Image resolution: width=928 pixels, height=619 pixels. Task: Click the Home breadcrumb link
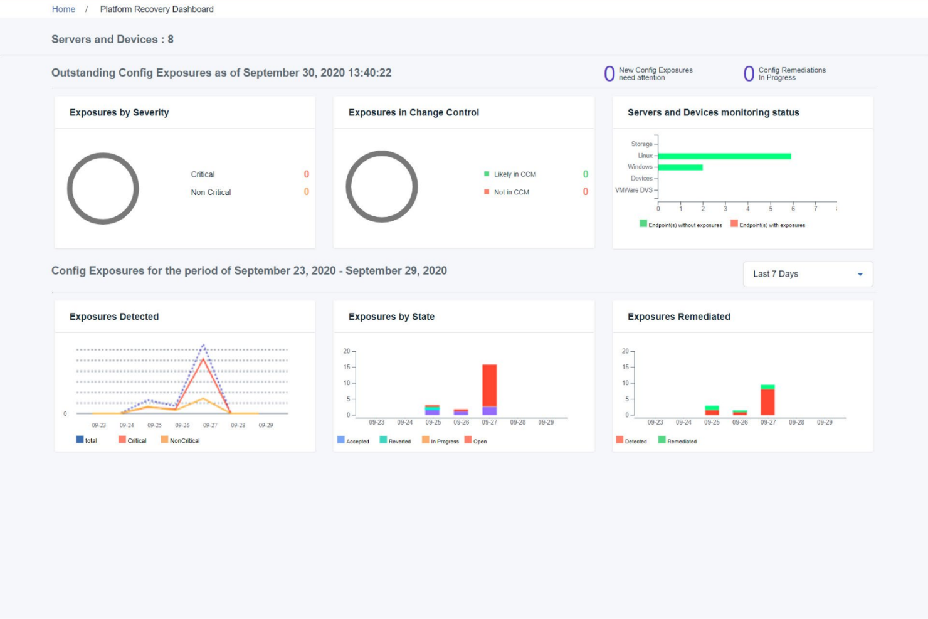63,9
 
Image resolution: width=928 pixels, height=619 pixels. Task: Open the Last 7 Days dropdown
807,274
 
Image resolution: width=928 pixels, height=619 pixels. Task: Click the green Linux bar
724,156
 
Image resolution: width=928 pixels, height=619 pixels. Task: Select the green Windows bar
680,167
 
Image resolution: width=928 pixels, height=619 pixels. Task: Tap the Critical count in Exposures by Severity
306,174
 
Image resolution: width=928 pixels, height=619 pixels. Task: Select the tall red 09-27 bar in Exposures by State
489,385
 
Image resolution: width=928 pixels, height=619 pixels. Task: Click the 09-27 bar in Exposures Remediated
767,401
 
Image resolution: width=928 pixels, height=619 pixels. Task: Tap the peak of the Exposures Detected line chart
203,346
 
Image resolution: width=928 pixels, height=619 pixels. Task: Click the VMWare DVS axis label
633,190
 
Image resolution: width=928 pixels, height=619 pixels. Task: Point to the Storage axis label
641,144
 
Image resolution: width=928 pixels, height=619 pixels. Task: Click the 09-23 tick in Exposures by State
376,423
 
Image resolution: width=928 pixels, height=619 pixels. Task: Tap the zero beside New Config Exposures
609,74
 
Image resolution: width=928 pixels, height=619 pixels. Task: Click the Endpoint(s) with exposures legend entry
772,225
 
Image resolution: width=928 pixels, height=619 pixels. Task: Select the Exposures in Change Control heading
413,113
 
